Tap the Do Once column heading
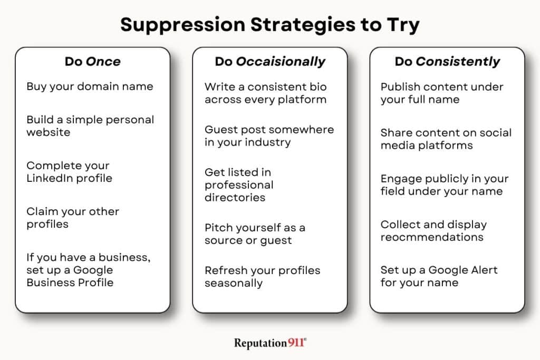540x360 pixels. pyautogui.click(x=92, y=61)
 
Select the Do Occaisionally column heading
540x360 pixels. pyautogui.click(x=269, y=61)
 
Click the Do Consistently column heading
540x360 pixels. pyautogui.click(x=447, y=61)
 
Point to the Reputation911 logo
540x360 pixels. pyautogui.click(x=270, y=343)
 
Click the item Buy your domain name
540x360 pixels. pyautogui.click(x=90, y=86)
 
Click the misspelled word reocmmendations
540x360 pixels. pyautogui.click(x=432, y=237)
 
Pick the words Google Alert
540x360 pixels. pyautogui.click(x=463, y=270)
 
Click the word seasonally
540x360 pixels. pyautogui.click(x=234, y=283)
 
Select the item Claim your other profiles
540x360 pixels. pyautogui.click(x=73, y=218)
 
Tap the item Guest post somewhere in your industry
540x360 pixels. pyautogui.click(x=269, y=135)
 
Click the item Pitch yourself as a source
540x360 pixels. pyautogui.click(x=255, y=234)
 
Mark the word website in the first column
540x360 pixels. pyautogui.click(x=48, y=132)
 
